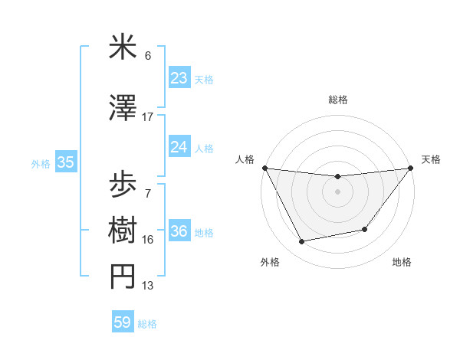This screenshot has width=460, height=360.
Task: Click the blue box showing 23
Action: pos(179,78)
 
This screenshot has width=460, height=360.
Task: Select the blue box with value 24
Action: pos(179,147)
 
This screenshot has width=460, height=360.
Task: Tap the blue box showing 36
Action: pos(179,231)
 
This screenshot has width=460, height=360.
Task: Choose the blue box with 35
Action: pos(65,162)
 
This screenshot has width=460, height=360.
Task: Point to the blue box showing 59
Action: pos(123,322)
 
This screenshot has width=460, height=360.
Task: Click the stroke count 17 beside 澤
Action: pos(148,117)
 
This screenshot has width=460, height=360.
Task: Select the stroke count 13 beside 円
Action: pos(148,286)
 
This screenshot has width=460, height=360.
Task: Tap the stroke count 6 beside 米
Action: pos(148,56)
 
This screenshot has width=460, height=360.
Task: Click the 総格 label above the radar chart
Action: pos(337,100)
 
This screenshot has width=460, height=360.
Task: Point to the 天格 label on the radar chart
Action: pos(432,159)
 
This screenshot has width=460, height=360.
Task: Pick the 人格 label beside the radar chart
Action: pos(245,159)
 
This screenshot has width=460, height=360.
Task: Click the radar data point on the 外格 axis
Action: pos(302,242)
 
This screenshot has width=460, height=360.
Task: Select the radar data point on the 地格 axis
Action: pos(365,229)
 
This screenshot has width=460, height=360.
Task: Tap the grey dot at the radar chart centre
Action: pos(337,191)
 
